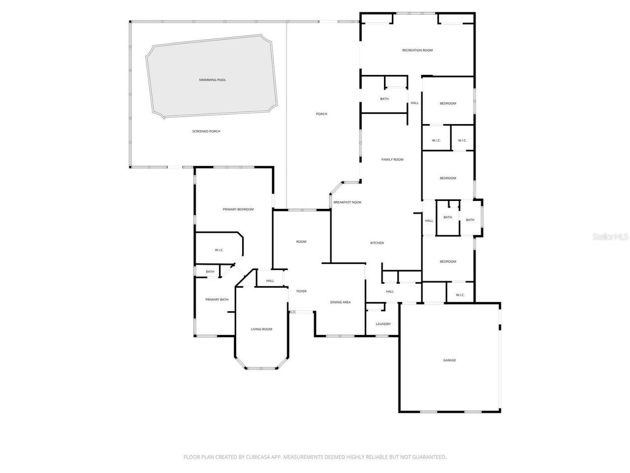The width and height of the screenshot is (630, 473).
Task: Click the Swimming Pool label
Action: coord(212,80)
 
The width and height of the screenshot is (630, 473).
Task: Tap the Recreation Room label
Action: coord(417,50)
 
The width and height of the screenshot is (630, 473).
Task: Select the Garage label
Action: coord(449,360)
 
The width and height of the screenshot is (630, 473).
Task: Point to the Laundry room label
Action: coord(383,324)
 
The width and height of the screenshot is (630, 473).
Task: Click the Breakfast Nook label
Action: coord(347,203)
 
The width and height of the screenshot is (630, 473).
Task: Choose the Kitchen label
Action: coord(377,243)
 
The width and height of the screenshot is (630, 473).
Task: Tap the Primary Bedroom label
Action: coord(238,209)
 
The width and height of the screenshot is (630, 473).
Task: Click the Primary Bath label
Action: coord(217,300)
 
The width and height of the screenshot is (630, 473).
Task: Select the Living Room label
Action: coord(261,329)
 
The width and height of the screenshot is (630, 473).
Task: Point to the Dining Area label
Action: coord(340,302)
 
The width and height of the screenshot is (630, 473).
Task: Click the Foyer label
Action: coord(301,291)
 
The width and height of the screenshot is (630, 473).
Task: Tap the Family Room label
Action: coord(392,160)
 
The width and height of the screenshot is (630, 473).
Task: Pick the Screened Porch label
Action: coord(206,132)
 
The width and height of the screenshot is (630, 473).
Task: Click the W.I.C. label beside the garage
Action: coord(460,295)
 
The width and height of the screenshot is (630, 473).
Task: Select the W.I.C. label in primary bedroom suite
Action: coord(219,250)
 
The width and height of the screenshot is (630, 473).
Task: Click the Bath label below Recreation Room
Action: coord(384,99)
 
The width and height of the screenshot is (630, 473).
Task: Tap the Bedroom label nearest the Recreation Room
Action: coord(448,103)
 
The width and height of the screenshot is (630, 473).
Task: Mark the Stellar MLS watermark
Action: coord(610,236)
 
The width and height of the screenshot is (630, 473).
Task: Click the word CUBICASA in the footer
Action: coord(259,457)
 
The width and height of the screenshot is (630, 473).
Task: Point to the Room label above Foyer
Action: coord(301,242)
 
